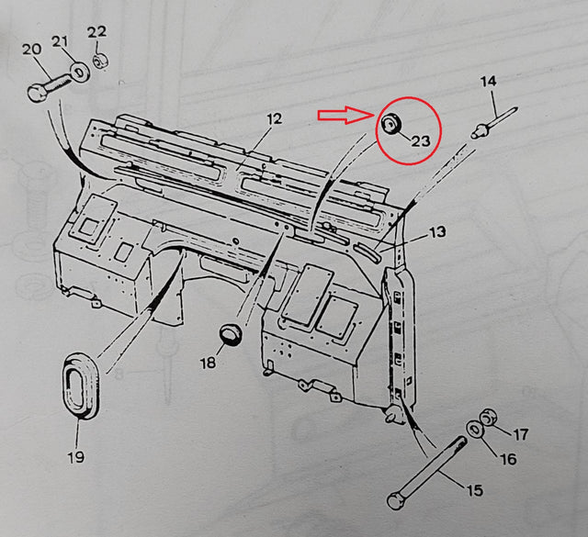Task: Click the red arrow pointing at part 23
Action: tap(344, 116)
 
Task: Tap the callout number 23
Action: tap(420, 140)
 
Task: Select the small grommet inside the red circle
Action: tap(392, 124)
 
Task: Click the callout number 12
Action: tap(273, 118)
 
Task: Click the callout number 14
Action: tap(487, 82)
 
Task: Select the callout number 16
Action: tap(507, 458)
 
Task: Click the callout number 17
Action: tap(520, 434)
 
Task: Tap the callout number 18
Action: tap(209, 363)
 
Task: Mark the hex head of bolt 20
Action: tap(37, 92)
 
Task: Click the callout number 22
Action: tap(96, 32)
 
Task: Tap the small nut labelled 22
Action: tap(104, 61)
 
